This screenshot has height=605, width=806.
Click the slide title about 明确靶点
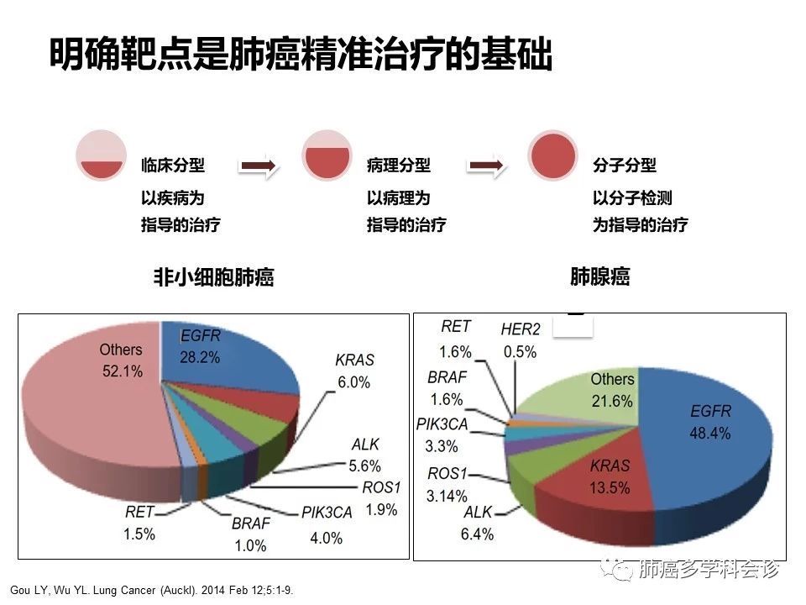(x=300, y=55)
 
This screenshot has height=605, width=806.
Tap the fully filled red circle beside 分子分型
(x=552, y=155)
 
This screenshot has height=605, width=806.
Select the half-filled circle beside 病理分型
(x=327, y=155)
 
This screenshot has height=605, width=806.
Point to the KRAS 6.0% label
(x=354, y=371)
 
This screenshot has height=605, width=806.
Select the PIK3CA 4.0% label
(x=327, y=525)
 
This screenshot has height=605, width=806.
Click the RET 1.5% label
(x=139, y=522)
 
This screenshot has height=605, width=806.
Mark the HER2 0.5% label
(x=520, y=340)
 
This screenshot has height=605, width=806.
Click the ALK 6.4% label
(x=478, y=523)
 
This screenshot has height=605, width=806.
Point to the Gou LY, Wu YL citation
(x=151, y=590)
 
